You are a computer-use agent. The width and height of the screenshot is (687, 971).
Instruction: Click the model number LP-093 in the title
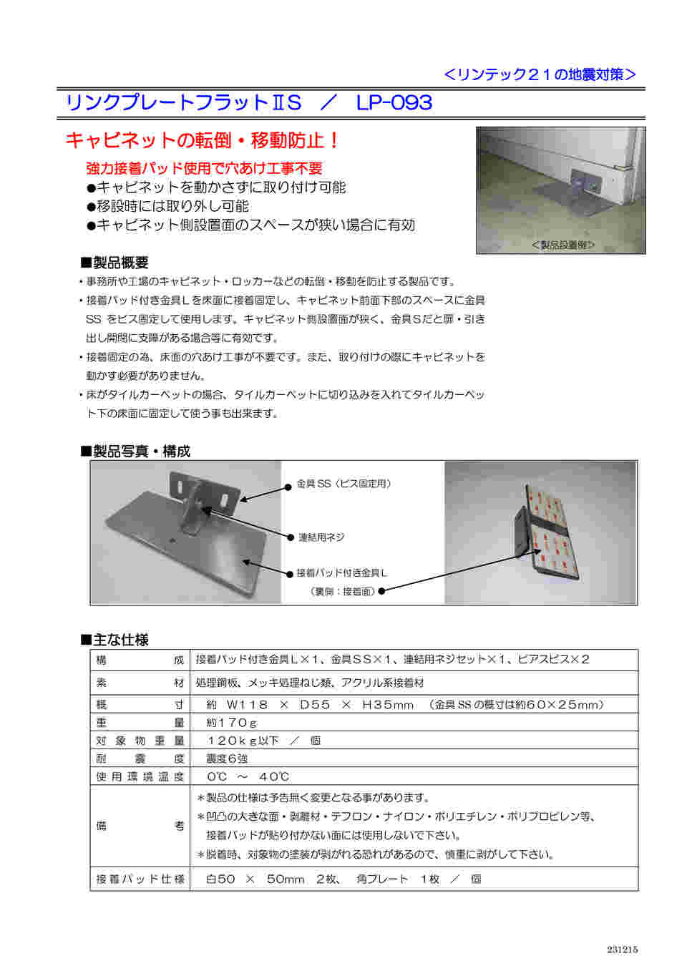pyautogui.click(x=394, y=103)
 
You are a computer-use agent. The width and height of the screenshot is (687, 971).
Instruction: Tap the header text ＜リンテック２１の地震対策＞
pyautogui.click(x=540, y=74)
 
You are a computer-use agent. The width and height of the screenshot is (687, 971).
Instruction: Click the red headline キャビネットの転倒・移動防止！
pyautogui.click(x=203, y=140)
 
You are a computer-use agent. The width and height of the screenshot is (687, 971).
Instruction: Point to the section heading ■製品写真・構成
pyautogui.click(x=135, y=451)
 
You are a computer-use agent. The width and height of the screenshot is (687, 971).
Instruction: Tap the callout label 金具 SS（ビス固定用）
pyautogui.click(x=343, y=484)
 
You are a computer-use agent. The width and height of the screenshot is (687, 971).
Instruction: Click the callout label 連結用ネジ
pyautogui.click(x=321, y=537)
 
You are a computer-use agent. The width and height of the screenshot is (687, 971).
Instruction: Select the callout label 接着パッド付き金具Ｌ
pyautogui.click(x=342, y=573)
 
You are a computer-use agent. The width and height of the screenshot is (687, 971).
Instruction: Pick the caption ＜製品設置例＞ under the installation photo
pyautogui.click(x=562, y=245)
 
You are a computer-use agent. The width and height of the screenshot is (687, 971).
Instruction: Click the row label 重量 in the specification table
pyautogui.click(x=140, y=723)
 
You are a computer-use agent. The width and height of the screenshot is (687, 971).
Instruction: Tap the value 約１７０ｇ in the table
pyautogui.click(x=231, y=723)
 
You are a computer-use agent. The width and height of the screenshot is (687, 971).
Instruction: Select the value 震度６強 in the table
pyautogui.click(x=227, y=758)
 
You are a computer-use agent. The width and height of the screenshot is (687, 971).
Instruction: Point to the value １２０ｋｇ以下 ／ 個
pyautogui.click(x=263, y=741)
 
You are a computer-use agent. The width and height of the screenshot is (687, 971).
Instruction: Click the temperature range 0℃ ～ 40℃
pyautogui.click(x=248, y=776)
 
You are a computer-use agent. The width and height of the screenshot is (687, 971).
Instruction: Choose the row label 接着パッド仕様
pyautogui.click(x=140, y=879)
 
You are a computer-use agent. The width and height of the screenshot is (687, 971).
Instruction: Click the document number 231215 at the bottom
pyautogui.click(x=622, y=950)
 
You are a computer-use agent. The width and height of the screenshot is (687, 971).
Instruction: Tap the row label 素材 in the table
pyautogui.click(x=140, y=683)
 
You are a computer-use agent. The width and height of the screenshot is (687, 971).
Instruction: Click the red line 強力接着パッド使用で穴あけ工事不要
pyautogui.click(x=204, y=168)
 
